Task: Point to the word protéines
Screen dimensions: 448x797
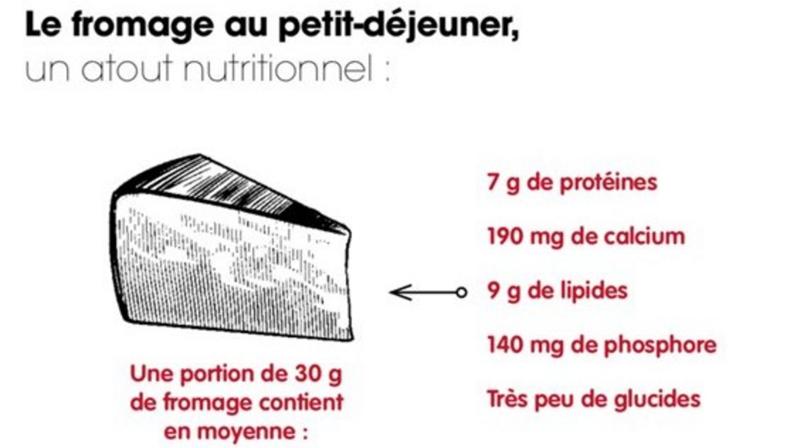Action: pyautogui.click(x=608, y=182)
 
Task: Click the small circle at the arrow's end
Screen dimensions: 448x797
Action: pyautogui.click(x=461, y=293)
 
